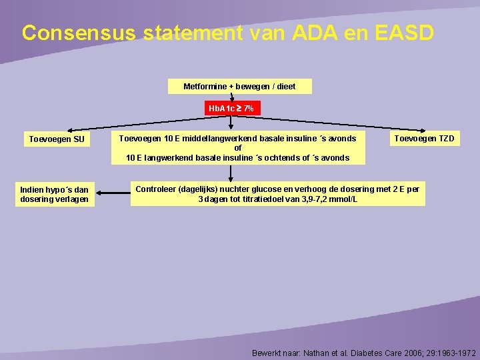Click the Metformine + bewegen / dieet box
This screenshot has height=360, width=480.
pyautogui.click(x=239, y=87)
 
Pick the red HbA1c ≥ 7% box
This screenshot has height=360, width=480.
pyautogui.click(x=231, y=108)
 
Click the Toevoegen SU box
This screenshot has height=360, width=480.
pyautogui.click(x=57, y=140)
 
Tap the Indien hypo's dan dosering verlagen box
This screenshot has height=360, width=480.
pyautogui.click(x=55, y=195)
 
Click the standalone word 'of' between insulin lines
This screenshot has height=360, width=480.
pyautogui.click(x=237, y=148)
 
